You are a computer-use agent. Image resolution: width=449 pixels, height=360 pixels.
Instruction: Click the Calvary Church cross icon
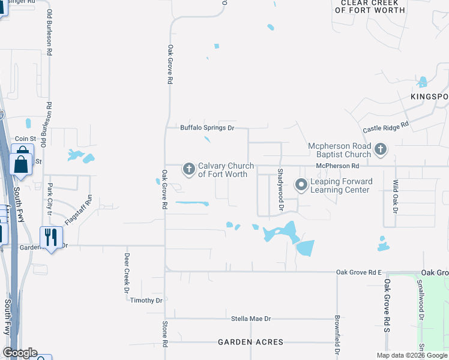[x=189, y=170]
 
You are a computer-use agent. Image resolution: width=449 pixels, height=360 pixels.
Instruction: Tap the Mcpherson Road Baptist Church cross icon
[x=380, y=149]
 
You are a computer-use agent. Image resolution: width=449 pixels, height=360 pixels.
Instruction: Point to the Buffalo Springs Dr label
[x=206, y=128]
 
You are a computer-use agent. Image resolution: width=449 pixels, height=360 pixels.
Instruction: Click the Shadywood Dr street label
[x=280, y=189]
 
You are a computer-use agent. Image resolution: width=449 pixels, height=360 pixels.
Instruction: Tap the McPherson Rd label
[x=337, y=166]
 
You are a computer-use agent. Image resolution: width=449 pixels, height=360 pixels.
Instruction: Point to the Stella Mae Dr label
[x=252, y=319]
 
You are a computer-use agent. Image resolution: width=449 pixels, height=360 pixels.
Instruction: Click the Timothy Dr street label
[x=146, y=301]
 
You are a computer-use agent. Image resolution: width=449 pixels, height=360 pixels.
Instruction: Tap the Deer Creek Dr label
[x=127, y=272]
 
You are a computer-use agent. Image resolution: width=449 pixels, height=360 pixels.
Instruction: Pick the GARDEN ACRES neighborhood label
[x=250, y=342]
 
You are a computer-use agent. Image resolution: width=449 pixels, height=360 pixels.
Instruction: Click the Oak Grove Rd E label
[x=359, y=272]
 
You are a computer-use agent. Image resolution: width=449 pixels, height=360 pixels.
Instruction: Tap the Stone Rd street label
[x=164, y=334]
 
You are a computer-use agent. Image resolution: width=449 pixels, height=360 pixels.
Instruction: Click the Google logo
[x=20, y=353]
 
